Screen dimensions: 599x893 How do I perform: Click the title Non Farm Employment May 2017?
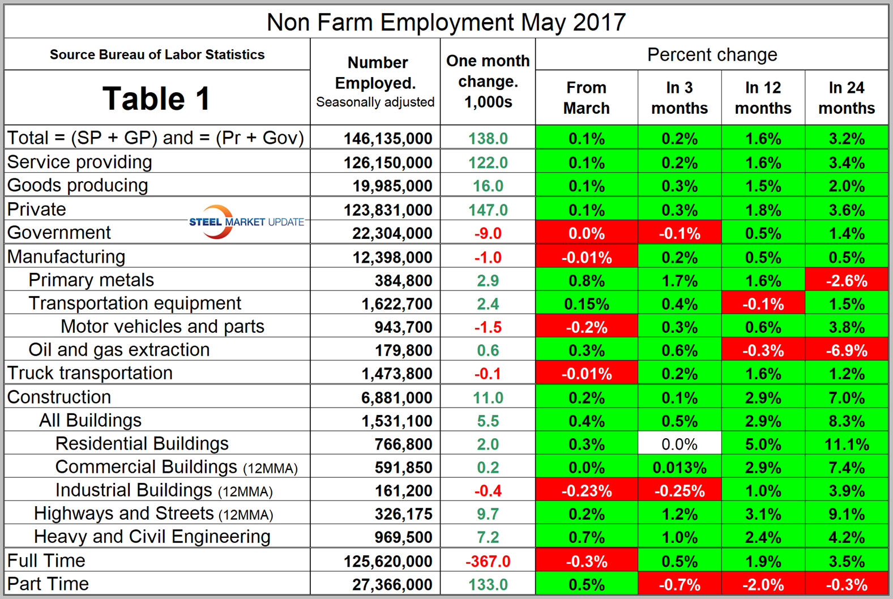446,23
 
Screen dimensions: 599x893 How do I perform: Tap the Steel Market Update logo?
246,221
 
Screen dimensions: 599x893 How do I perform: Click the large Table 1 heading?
156,99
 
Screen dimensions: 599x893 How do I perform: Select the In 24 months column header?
846,97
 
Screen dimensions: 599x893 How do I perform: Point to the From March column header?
586,97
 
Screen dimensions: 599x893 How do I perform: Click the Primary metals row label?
91,280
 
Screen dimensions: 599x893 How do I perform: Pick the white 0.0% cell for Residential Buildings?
679,444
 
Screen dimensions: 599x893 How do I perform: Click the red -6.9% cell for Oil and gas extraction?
846,350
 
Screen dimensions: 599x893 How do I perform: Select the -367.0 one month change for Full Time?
488,561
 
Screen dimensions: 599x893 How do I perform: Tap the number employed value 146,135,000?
388,139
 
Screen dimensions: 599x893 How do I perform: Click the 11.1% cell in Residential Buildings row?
846,444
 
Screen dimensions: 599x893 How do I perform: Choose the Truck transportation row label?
89,373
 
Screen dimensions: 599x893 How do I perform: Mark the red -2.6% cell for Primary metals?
846,281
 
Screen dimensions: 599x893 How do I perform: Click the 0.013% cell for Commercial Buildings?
679,468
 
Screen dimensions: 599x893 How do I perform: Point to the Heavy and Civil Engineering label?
152,536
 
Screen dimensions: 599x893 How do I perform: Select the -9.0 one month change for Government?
488,233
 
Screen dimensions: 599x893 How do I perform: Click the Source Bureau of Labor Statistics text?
157,55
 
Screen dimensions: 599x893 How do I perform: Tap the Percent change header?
712,55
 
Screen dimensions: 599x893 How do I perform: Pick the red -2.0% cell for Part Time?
763,584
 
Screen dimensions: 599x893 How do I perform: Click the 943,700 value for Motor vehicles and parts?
403,327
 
